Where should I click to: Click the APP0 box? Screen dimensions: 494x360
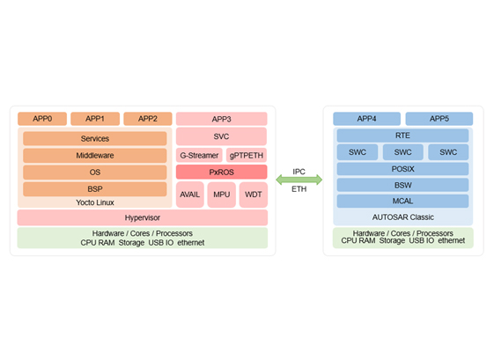click(x=42, y=119)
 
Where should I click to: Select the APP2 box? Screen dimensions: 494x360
click(x=148, y=119)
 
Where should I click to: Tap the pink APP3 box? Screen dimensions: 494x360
click(x=222, y=119)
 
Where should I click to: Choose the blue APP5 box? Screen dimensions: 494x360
click(x=439, y=119)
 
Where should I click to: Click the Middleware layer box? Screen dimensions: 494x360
click(x=95, y=156)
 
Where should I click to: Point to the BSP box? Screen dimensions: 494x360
click(x=95, y=189)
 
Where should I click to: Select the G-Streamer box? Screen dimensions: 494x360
click(x=199, y=155)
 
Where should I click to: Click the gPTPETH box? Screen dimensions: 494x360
click(x=247, y=155)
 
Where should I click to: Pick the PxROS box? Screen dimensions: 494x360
click(x=222, y=173)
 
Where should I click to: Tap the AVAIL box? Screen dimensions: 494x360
click(x=190, y=195)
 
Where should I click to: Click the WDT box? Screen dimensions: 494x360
click(x=254, y=195)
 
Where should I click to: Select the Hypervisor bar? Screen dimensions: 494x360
click(x=143, y=217)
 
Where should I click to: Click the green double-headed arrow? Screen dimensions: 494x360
click(x=299, y=180)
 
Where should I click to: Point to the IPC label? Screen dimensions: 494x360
click(x=299, y=172)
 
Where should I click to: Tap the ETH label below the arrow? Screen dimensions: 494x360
click(x=299, y=189)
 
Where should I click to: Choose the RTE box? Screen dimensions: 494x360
click(x=402, y=136)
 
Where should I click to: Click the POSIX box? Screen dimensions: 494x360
click(x=402, y=169)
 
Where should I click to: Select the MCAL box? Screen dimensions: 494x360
click(x=402, y=201)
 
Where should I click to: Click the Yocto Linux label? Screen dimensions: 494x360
click(x=95, y=202)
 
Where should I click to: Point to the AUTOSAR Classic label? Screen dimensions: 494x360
click(x=403, y=217)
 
